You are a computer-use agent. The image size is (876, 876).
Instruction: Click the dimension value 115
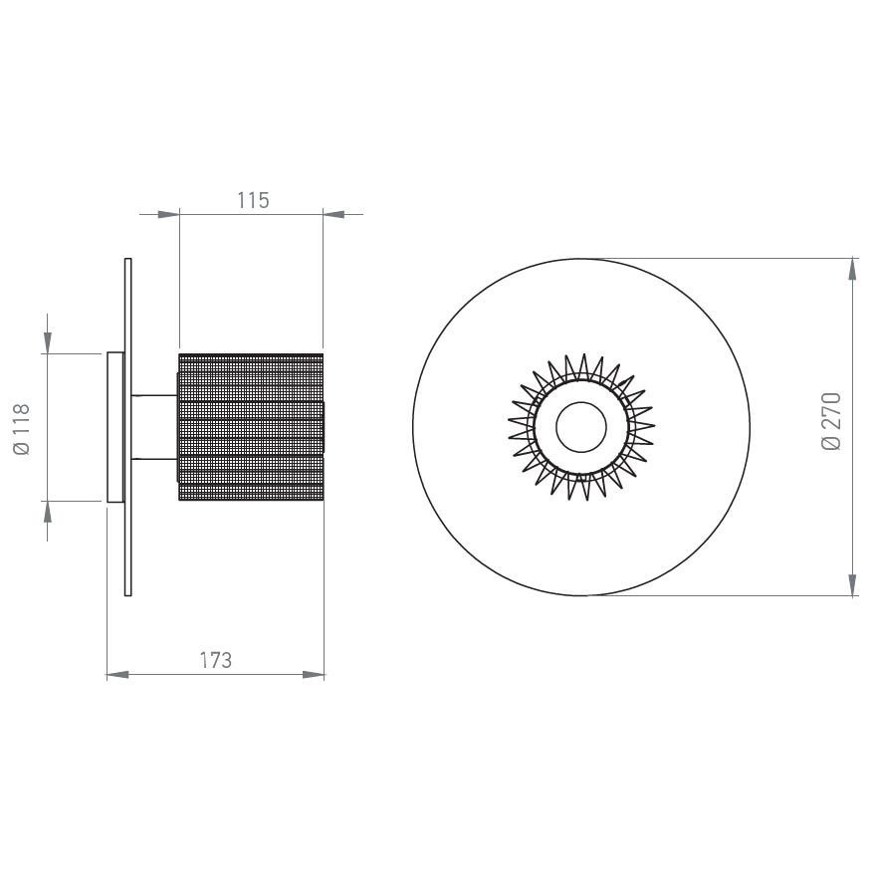[x=253, y=200]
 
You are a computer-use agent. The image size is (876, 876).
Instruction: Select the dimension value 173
[x=215, y=660]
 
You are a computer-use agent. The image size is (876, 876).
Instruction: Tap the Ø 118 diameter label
[x=22, y=428]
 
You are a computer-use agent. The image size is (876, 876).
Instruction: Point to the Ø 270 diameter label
[x=832, y=420]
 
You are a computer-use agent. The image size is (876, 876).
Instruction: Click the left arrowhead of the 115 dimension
[x=168, y=213]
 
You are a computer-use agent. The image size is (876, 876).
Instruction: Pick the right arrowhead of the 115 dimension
[x=334, y=213]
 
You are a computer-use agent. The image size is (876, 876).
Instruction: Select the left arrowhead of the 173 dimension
[x=117, y=675]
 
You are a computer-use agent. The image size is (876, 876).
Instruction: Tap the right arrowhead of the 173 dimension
[x=314, y=675]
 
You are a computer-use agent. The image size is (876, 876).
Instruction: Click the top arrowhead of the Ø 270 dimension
[x=853, y=270]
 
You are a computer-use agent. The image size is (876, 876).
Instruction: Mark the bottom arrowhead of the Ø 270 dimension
[x=853, y=584]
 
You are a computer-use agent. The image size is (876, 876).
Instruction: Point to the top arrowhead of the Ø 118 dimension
[x=47, y=342]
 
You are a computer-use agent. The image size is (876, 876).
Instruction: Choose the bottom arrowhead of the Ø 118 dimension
[x=47, y=512]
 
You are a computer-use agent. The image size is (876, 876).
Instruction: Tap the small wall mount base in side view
[x=114, y=427]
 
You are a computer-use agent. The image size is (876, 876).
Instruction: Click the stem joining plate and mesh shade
[x=153, y=427]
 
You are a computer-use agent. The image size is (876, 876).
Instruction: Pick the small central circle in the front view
[x=581, y=427]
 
